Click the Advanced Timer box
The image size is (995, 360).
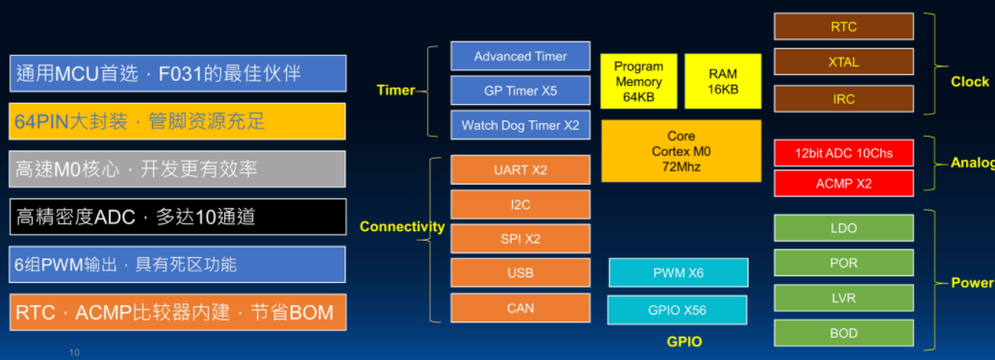[x=521, y=56]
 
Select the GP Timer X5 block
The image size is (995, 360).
[x=521, y=90]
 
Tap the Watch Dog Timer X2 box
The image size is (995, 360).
[x=521, y=124]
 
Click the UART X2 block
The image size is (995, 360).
[x=521, y=169]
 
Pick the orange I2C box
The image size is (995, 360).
[x=521, y=204]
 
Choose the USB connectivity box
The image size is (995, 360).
[x=521, y=273]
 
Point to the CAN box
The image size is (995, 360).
[x=521, y=308]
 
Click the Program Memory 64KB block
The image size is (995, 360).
[x=639, y=81]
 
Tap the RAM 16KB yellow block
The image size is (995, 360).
[x=723, y=81]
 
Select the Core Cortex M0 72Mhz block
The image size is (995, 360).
[x=681, y=151]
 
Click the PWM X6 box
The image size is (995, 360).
[x=678, y=273]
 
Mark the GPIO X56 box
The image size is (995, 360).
[x=677, y=310]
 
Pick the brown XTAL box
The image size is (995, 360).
[x=844, y=63]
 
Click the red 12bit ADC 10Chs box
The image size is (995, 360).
[x=844, y=153]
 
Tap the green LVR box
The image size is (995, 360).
[x=844, y=297]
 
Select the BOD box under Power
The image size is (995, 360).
[x=844, y=333]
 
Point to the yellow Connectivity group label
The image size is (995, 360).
[x=402, y=226]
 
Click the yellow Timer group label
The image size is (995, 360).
[x=395, y=90]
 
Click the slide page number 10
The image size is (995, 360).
[x=75, y=352]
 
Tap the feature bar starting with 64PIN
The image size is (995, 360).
[x=178, y=121]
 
